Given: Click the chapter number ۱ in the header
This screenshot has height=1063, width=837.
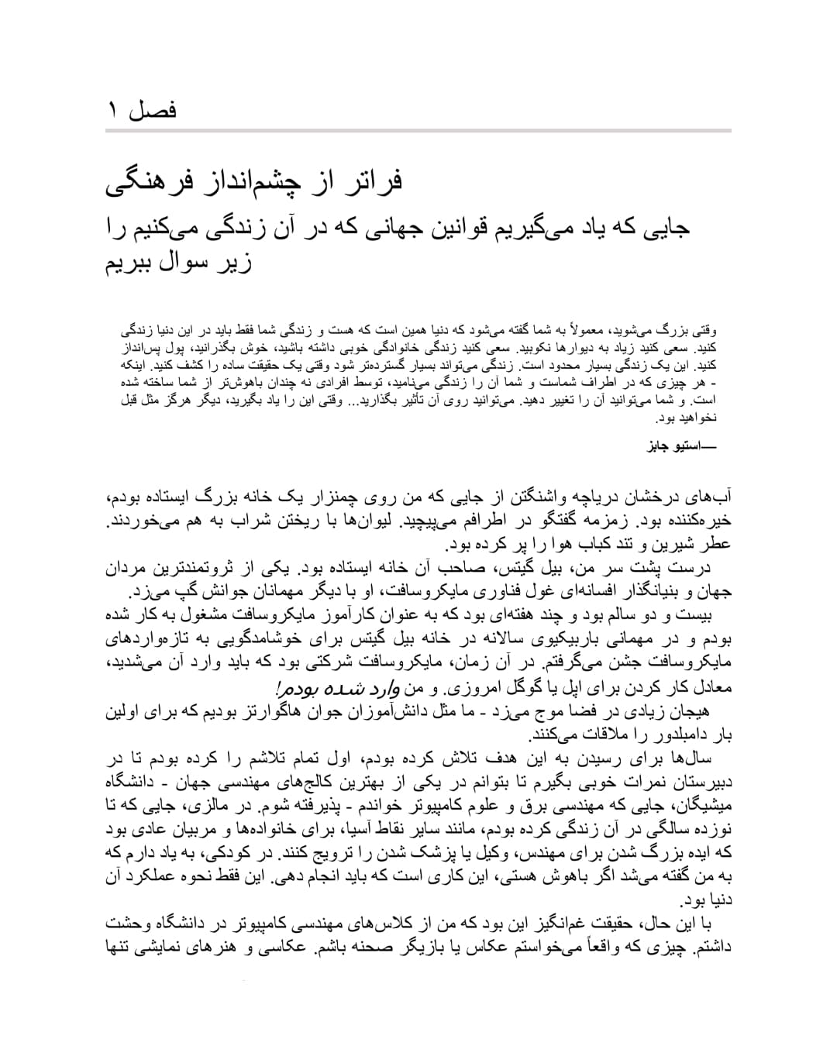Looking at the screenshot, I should click(112, 111).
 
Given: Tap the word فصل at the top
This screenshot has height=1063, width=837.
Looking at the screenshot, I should click(153, 111).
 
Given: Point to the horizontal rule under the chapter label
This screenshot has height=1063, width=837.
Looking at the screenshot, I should click(418, 131).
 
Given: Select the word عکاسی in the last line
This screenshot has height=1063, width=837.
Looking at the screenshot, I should click(286, 947).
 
